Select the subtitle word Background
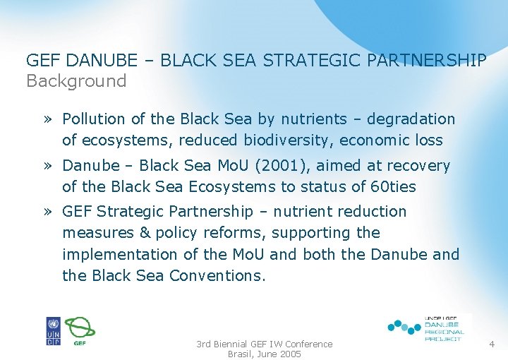pos(76,81)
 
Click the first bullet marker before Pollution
pos(47,119)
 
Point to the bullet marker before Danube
pos(47,166)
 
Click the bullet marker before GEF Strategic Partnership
pos(47,212)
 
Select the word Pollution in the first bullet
pos(93,119)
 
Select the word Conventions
pos(217,276)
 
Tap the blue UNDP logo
pos(54,331)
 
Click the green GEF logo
pos(80,330)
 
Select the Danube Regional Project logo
pos(427,328)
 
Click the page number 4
pos(491,344)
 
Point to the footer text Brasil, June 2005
pos(264,354)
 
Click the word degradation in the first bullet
pos(412,119)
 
